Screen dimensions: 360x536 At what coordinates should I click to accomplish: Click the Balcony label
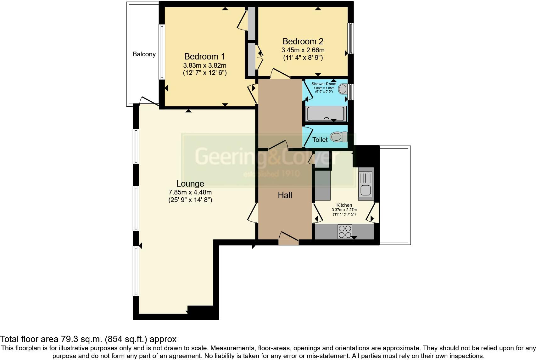point(144,54)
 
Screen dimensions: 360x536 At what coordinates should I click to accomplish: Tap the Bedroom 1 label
point(204,57)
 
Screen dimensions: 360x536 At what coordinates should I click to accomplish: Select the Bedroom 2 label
point(303,42)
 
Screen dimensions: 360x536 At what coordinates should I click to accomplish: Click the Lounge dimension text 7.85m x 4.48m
point(190,192)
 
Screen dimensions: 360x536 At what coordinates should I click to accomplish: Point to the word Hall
point(285,195)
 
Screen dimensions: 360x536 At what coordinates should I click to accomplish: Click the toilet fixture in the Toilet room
point(338,137)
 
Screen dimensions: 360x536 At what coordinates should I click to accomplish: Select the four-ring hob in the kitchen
point(345,232)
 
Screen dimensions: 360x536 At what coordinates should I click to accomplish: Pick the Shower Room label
point(324,84)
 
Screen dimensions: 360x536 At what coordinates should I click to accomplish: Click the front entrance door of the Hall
point(288,238)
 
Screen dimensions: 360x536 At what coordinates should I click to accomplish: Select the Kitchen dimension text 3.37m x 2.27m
point(344,210)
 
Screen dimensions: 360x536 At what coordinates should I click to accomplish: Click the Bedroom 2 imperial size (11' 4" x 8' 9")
point(303,58)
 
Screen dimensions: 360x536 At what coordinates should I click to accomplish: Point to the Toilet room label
point(320,140)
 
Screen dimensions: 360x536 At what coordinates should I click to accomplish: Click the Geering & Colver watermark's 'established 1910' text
point(272,174)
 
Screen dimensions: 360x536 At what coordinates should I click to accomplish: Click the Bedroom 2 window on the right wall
point(350,38)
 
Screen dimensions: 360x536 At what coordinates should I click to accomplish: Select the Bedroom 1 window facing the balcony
point(162,52)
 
